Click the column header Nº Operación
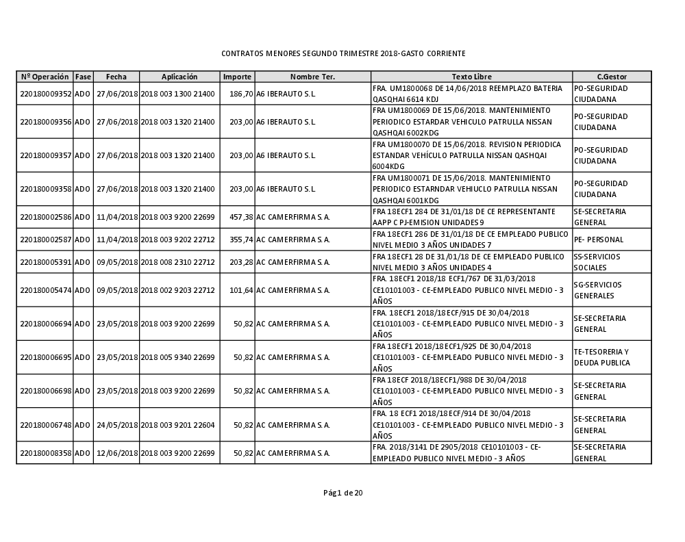tap(45, 77)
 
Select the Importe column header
tap(237, 77)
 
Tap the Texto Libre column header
tap(471, 77)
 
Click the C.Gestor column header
tap(611, 77)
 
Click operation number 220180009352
tap(45, 94)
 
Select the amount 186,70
tap(241, 94)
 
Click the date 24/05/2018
tap(116, 425)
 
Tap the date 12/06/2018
tap(116, 453)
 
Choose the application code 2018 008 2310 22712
tap(177, 262)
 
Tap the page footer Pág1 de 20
tap(343, 493)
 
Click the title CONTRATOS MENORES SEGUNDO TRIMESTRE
tap(343, 53)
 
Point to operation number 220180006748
tap(45, 425)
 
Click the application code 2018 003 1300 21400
tap(177, 94)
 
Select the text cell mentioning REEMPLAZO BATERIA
tap(471, 94)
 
